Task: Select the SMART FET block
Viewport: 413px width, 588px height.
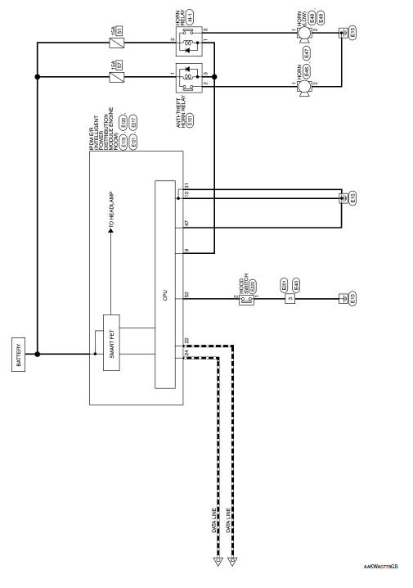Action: (111, 343)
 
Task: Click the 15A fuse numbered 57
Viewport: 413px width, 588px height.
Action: (117, 78)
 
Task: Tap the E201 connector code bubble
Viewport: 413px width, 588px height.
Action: (284, 287)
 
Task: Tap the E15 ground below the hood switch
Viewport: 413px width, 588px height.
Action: (352, 300)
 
